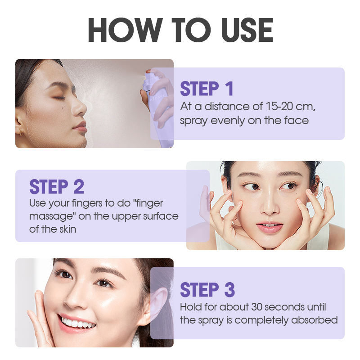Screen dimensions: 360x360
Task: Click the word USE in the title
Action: pos(247,30)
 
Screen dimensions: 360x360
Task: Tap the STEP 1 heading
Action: pos(207,88)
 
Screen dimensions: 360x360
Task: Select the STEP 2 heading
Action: pos(57,187)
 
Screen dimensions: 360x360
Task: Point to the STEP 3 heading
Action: pos(207,289)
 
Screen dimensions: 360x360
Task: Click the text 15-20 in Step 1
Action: pos(279,106)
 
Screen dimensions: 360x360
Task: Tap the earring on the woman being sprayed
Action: pos(21,132)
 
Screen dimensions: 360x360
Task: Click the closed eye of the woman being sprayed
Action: pos(59,97)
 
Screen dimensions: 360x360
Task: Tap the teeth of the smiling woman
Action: pos(77,323)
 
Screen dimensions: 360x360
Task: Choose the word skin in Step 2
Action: pos(68,229)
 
